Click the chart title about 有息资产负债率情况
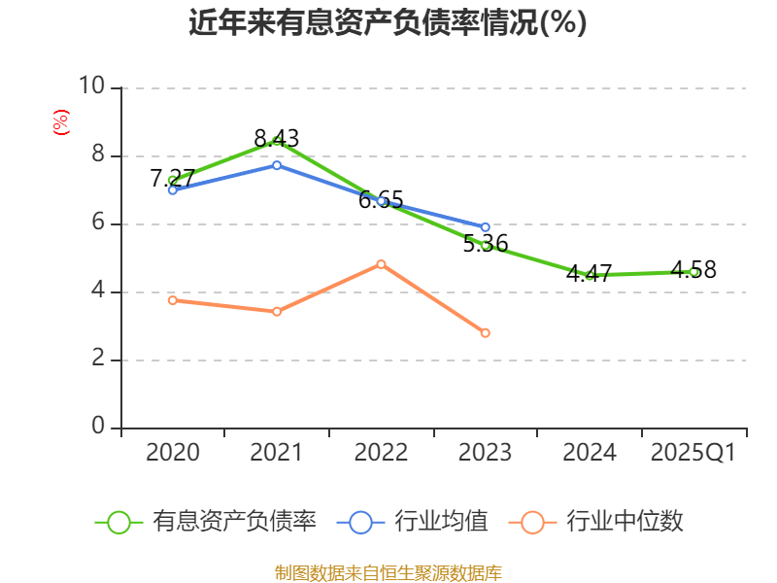click(x=388, y=22)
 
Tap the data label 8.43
click(x=277, y=138)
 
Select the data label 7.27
click(x=173, y=178)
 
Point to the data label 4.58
click(x=693, y=270)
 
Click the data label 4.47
click(x=590, y=273)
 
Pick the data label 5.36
click(x=486, y=244)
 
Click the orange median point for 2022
click(x=381, y=264)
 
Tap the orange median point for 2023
click(x=486, y=333)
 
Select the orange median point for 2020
click(x=173, y=300)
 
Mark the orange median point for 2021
click(x=277, y=312)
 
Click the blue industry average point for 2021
click(x=277, y=165)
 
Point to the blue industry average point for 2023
click(x=486, y=227)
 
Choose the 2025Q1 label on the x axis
click(x=693, y=453)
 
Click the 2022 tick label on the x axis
click(x=381, y=453)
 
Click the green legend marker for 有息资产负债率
click(x=118, y=522)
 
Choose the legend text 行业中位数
click(x=625, y=522)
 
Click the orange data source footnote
click(x=388, y=572)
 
